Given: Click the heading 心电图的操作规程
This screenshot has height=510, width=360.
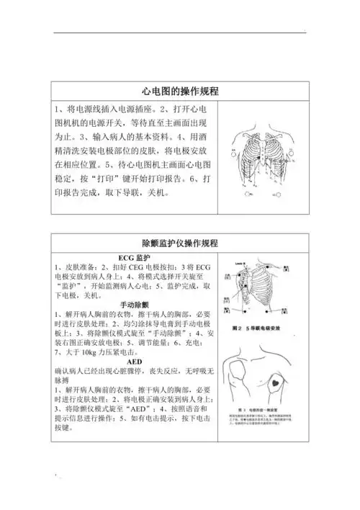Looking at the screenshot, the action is click(x=180, y=91).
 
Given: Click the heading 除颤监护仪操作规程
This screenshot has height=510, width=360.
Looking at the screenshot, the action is click(x=180, y=243).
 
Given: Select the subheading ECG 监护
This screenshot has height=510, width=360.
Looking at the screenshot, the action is click(x=133, y=258).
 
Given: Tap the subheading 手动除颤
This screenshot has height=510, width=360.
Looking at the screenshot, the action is click(x=134, y=305).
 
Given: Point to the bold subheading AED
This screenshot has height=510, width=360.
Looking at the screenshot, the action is click(x=134, y=362).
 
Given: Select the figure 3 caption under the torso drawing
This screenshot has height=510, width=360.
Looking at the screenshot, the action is click(x=263, y=419).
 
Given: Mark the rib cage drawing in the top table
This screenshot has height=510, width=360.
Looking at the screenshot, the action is click(x=262, y=162).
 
